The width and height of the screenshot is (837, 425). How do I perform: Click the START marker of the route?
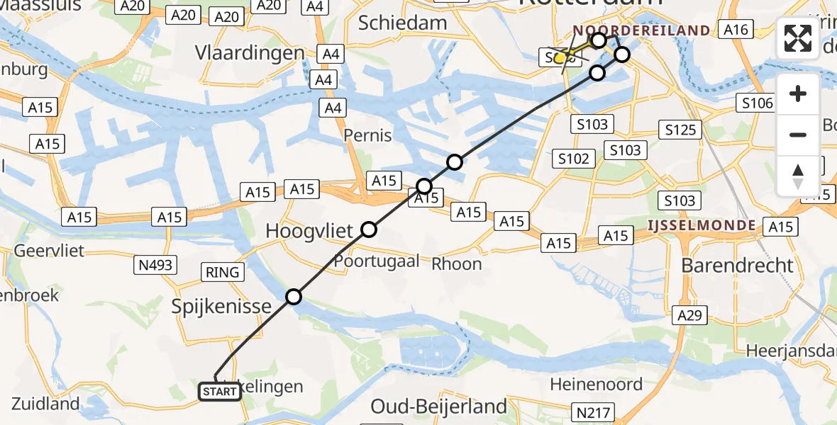(219, 391)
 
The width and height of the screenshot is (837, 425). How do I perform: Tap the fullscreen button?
(798, 38)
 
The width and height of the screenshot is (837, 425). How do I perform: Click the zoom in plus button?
(798, 94)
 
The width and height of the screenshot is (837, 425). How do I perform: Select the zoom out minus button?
(798, 135)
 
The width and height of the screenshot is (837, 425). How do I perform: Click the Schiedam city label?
(402, 23)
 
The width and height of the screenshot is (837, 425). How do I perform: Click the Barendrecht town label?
(737, 266)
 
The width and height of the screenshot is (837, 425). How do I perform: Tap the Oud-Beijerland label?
(439, 407)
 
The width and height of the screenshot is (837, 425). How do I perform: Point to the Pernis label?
(367, 135)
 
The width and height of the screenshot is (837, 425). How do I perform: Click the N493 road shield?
(153, 265)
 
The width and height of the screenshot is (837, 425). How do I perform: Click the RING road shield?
(223, 272)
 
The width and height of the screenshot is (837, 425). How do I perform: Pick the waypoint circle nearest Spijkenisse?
(294, 297)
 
